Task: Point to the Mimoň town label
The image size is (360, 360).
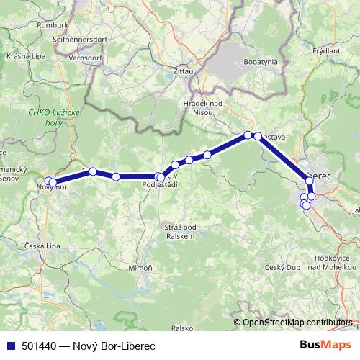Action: point(141,267)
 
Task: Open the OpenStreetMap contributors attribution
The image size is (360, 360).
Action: point(297,323)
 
